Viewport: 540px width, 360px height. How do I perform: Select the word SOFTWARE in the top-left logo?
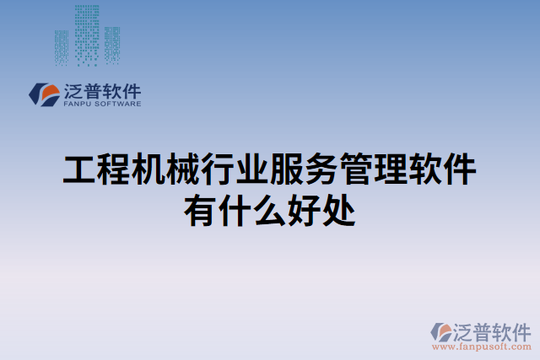(118, 105)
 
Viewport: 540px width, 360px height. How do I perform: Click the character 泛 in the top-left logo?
(73, 90)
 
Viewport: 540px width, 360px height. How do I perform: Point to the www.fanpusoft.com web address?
(481, 346)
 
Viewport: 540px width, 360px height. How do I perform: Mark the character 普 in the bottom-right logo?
(481, 330)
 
